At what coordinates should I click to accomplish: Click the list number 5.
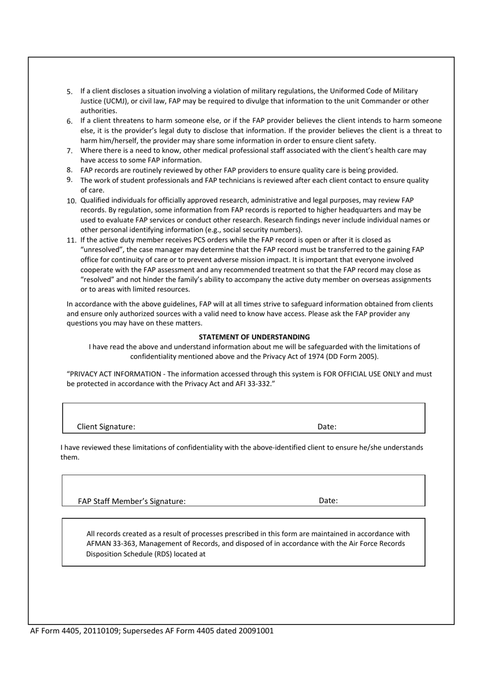(70, 92)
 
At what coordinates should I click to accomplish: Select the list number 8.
(70, 170)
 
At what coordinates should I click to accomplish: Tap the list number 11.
(71, 240)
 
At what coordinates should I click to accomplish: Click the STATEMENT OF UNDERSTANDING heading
(254, 337)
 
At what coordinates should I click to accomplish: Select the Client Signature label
(106, 426)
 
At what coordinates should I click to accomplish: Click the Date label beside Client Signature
(327, 426)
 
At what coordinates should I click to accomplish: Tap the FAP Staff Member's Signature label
(132, 501)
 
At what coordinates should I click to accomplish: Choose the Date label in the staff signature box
(328, 501)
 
